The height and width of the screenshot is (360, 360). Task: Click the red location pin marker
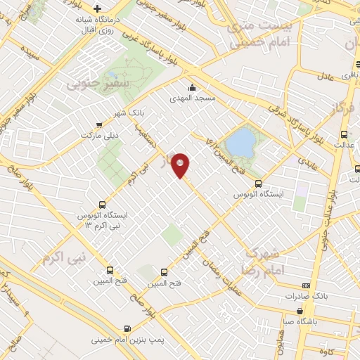[181, 165]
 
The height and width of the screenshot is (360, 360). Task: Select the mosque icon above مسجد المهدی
[191, 88]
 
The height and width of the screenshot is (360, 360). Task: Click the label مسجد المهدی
[191, 100]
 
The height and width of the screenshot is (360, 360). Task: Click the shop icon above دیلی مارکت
[98, 124]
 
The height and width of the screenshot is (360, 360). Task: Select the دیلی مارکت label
[98, 134]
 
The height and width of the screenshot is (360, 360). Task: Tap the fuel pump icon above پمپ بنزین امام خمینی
[127, 328]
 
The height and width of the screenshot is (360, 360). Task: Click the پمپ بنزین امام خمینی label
[127, 340]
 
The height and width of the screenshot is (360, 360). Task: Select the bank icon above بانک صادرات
[305, 285]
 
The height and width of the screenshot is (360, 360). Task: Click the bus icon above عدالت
[344, 134]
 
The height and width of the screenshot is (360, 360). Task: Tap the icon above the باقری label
[345, 63]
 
